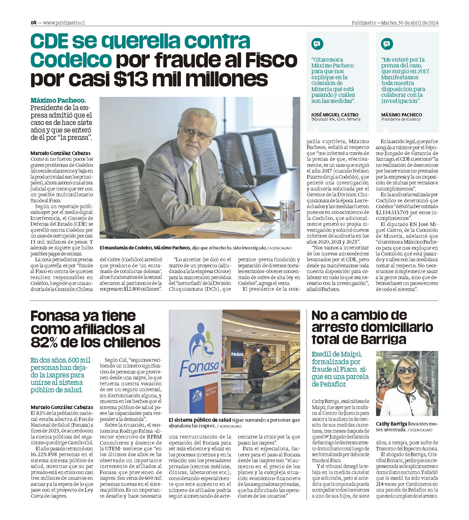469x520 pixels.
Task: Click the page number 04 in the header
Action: [34, 23]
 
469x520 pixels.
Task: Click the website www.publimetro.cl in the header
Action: [64, 23]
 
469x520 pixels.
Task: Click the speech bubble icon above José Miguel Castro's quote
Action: [317, 44]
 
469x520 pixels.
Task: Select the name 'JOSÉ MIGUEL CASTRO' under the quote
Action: [335, 115]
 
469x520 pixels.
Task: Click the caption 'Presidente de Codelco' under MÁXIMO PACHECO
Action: [401, 119]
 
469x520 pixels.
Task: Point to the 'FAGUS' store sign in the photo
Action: [237, 354]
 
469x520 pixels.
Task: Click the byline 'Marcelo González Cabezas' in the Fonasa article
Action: [62, 407]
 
